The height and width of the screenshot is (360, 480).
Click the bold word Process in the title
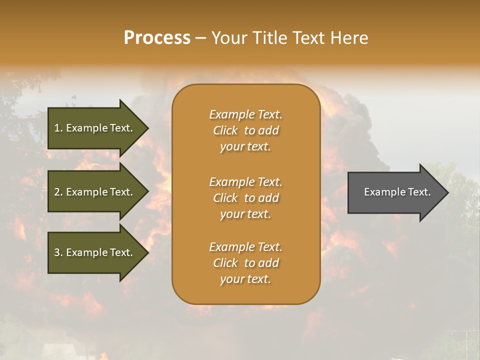click(x=157, y=37)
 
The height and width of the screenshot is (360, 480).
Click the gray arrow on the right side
click(x=395, y=192)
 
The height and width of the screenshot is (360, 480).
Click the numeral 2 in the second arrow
click(x=57, y=192)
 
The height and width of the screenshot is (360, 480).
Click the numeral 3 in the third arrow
click(x=57, y=252)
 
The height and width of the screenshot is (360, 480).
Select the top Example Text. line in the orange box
click(x=245, y=114)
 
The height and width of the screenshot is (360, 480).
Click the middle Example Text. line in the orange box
click(x=245, y=182)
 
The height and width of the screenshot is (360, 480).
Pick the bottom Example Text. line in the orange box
click(x=245, y=247)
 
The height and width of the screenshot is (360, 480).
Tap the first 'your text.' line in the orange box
click(x=245, y=146)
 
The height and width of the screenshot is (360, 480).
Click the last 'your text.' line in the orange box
click(x=245, y=279)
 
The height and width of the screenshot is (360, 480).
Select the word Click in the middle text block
click(x=225, y=198)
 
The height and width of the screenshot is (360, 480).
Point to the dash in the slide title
click(x=200, y=38)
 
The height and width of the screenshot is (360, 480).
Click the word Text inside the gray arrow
click(x=419, y=192)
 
